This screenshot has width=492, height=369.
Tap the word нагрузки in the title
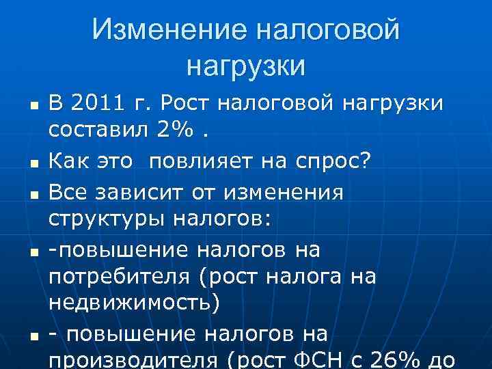pos(245,66)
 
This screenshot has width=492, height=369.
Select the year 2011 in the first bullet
pos(95,104)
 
